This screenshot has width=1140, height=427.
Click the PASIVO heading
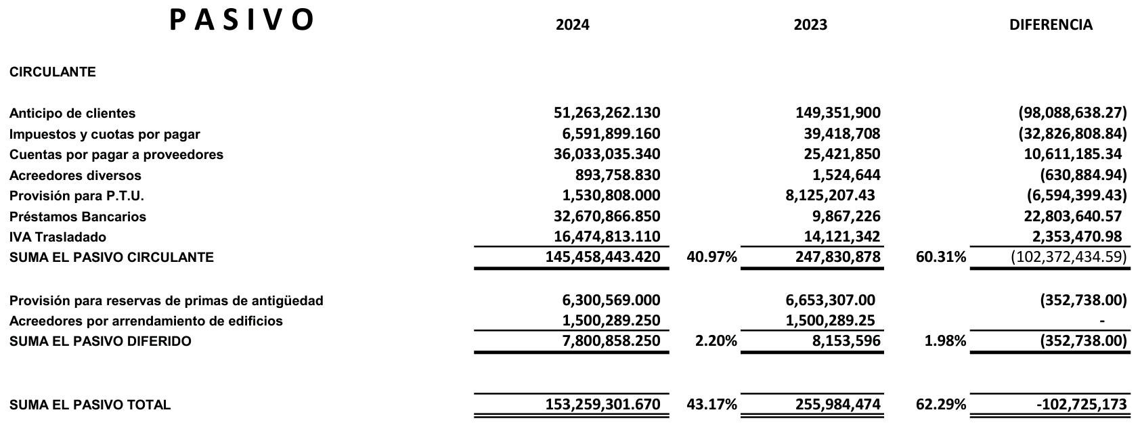point(241,20)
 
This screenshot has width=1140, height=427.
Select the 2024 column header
point(572,25)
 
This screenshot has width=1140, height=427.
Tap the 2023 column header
point(810,25)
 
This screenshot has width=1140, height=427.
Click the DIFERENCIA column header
point(1051,25)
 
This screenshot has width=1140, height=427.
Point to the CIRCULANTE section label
point(53,72)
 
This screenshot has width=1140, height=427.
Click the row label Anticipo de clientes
point(72,113)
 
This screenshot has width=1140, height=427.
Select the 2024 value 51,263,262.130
point(607,113)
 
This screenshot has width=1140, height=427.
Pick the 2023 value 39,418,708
point(842,134)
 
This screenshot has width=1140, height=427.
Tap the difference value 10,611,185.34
point(1072,154)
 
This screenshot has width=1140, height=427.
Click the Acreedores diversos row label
point(75,175)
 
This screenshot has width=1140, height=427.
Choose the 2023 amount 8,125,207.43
point(830,196)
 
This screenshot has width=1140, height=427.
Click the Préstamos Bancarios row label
point(78,217)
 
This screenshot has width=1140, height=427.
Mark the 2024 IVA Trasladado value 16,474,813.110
point(607,237)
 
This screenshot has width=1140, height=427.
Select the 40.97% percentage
point(711,257)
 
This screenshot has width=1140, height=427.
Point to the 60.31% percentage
point(941,257)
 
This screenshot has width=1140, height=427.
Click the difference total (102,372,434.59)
point(1069,257)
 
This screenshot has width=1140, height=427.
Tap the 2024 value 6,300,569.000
point(611,300)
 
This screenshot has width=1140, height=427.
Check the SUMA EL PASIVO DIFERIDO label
point(100,341)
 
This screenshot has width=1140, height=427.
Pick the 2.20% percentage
point(716,341)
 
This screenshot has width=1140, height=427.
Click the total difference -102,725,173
point(1081,405)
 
